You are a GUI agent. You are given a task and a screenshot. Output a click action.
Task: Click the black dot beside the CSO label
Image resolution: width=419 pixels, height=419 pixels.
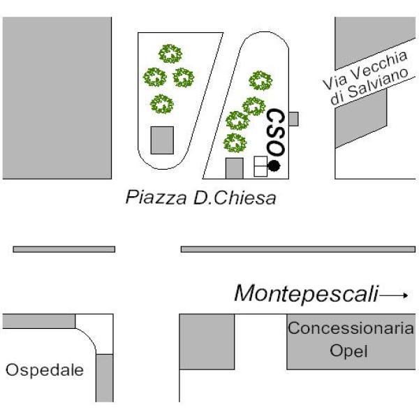(274, 166)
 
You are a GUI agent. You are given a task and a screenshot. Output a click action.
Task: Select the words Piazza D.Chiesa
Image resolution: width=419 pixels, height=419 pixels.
(200, 198)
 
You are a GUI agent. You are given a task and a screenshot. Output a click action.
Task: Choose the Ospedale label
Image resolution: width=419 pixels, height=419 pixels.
(43, 369)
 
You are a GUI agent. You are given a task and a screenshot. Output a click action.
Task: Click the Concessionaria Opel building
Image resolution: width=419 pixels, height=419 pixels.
(352, 341)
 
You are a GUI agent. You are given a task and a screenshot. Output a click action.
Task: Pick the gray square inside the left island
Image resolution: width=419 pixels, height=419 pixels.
(162, 140)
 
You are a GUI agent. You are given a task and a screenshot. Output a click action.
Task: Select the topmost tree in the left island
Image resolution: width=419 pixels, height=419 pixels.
(170, 53)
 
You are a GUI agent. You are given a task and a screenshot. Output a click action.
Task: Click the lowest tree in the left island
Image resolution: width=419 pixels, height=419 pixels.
(163, 104)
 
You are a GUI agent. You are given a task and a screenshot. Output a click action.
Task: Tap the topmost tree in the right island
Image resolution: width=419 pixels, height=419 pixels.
(260, 80)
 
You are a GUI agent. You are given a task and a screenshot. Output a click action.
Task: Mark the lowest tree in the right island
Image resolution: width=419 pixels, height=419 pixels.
(235, 143)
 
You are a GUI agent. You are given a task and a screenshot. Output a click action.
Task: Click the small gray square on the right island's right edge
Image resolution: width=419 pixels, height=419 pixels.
(293, 119)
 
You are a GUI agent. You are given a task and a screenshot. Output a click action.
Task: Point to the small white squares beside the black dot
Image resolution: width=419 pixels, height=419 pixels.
(260, 167)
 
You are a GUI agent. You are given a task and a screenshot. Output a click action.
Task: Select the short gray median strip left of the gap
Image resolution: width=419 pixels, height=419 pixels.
(64, 249)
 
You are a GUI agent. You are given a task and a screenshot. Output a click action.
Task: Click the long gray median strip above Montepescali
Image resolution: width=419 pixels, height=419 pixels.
(297, 249)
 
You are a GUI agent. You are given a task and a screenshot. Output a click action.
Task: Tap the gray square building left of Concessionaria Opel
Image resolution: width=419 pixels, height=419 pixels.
(207, 341)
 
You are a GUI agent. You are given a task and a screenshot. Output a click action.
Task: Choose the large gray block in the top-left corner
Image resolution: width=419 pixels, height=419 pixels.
(56, 98)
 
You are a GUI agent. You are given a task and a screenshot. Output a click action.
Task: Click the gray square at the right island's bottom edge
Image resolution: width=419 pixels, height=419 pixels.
(235, 168)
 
